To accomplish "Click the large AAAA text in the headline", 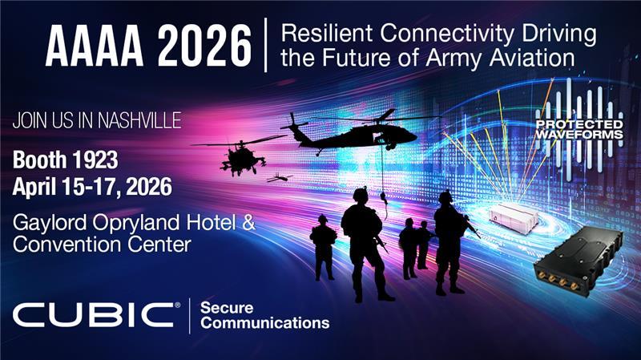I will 95,47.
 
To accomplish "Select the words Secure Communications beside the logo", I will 264,315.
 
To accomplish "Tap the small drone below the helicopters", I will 280,178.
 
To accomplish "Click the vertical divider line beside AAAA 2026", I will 265,47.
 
